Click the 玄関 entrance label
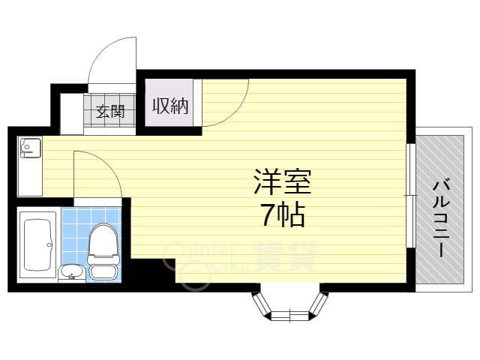109,113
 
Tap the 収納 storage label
171,106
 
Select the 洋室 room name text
281,182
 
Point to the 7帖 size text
282,216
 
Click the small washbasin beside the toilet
71,271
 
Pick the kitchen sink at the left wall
30,148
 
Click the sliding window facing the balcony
410,195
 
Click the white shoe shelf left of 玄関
72,113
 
